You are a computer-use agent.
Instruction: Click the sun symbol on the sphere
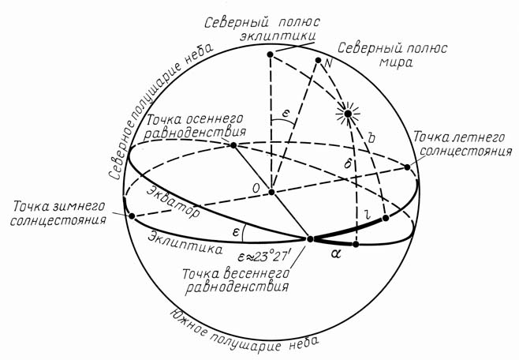coord(348,114)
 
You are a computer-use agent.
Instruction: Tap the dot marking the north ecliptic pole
coord(270,54)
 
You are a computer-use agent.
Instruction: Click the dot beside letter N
coord(318,60)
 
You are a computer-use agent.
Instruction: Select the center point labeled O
coord(272,192)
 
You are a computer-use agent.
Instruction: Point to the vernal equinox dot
coord(310,238)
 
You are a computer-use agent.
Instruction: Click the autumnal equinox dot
coord(233,145)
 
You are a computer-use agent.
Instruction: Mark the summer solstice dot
coord(407,167)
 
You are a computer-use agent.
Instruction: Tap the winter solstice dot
coord(132,216)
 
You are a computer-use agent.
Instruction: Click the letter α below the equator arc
coord(335,254)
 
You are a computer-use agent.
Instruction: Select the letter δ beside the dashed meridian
coord(348,163)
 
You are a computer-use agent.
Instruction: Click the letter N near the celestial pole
coord(328,62)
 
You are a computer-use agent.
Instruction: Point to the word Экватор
coord(174,202)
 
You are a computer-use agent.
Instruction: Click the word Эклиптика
coord(185,243)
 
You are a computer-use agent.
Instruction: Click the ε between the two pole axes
coord(286,114)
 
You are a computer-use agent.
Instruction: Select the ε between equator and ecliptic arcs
coord(236,232)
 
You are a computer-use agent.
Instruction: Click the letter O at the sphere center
coord(256,189)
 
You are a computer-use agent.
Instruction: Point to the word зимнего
coord(80,207)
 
